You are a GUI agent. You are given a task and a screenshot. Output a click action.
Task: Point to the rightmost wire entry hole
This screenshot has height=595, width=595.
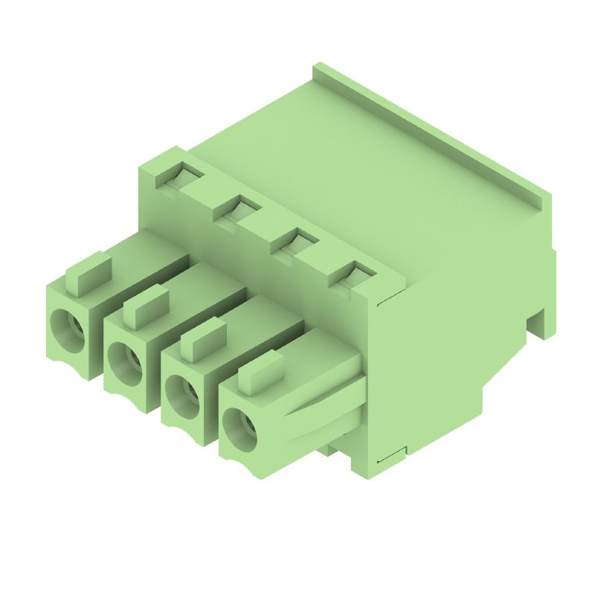(239, 427)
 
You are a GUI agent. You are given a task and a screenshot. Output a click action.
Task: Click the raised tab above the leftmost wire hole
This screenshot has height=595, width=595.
(89, 271)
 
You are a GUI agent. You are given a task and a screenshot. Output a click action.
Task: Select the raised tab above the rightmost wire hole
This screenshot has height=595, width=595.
(261, 373)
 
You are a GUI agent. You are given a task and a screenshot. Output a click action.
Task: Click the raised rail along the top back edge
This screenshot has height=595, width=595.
(431, 126)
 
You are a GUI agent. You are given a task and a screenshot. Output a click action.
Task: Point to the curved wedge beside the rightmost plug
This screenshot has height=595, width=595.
(320, 405)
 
